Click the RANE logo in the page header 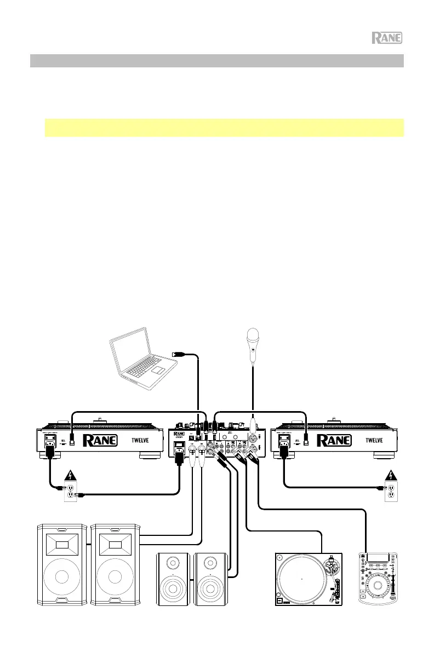point(387,38)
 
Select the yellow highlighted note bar point(224,128)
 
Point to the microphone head point(252,334)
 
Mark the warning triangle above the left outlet point(70,475)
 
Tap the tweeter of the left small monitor point(174,563)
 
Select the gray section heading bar point(216,60)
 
